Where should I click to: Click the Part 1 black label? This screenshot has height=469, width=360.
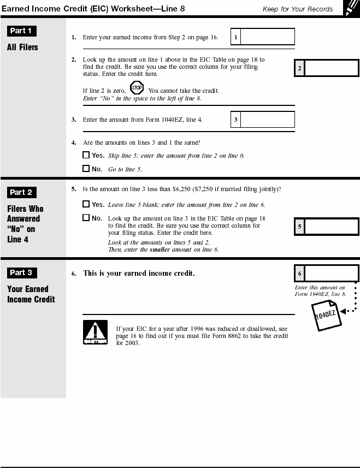[x=22, y=31]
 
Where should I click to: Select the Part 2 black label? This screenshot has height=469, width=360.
[x=22, y=192]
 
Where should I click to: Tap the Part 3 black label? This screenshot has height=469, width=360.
[x=22, y=272]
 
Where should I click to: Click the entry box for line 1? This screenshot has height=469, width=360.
[x=267, y=37]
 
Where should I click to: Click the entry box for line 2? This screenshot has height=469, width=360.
[x=331, y=68]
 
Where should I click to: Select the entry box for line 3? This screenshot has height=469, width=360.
[x=267, y=120]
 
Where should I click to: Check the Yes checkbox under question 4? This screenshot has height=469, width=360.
[x=86, y=155]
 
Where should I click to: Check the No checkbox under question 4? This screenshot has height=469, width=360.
[x=86, y=169]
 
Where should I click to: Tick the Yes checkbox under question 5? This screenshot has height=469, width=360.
[x=86, y=204]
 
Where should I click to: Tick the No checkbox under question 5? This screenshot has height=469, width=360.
[x=86, y=217]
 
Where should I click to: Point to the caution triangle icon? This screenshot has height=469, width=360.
[x=95, y=332]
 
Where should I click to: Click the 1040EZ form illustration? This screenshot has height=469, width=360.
[x=326, y=317]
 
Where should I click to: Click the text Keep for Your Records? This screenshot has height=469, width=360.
[x=298, y=9]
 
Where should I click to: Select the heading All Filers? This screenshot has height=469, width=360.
[x=22, y=48]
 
